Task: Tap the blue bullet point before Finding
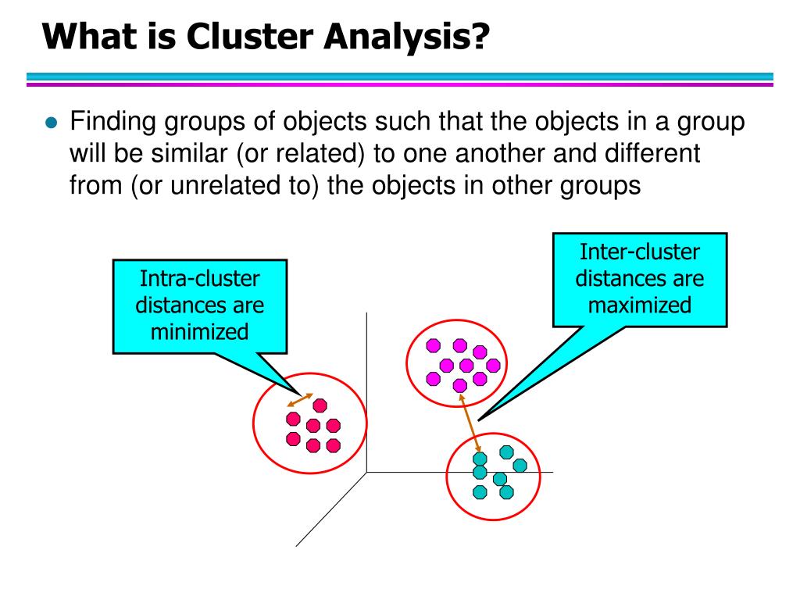[52, 123]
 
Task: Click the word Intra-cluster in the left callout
[200, 277]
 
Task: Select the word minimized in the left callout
[200, 331]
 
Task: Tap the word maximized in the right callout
[640, 305]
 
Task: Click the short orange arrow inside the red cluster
[300, 399]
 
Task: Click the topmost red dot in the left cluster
[320, 404]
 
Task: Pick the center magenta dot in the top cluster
[466, 365]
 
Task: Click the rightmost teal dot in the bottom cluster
[520, 466]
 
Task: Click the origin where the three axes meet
[366, 472]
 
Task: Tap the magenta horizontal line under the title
[400, 84]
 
